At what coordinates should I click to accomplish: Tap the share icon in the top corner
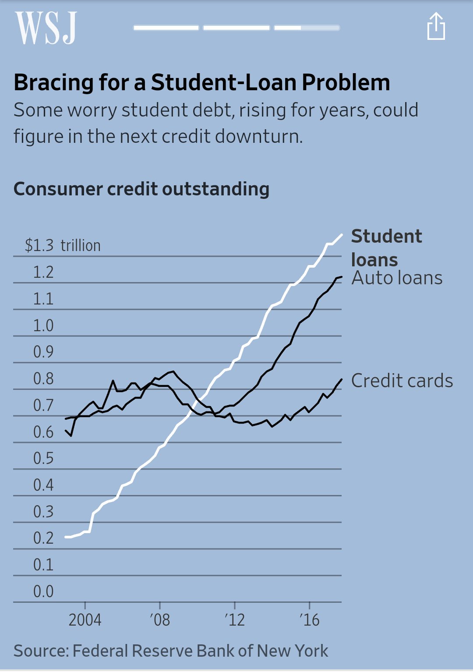(436, 27)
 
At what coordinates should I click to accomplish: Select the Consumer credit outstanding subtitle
(141, 189)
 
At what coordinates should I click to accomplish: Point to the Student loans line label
(386, 248)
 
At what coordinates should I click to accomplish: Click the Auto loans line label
(397, 278)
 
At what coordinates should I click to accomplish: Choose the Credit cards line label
(402, 381)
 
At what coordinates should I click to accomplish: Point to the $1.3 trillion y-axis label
(63, 245)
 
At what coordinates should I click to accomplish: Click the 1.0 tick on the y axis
(43, 325)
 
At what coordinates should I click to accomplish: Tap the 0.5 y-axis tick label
(43, 458)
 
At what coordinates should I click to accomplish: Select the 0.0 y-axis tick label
(43, 591)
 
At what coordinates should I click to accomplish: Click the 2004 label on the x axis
(85, 620)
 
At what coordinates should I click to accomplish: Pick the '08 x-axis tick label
(160, 620)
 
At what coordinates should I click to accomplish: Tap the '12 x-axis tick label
(235, 620)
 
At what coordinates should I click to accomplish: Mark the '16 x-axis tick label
(310, 620)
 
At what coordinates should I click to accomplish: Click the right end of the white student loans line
(341, 235)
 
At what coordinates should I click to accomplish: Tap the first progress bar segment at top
(166, 28)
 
